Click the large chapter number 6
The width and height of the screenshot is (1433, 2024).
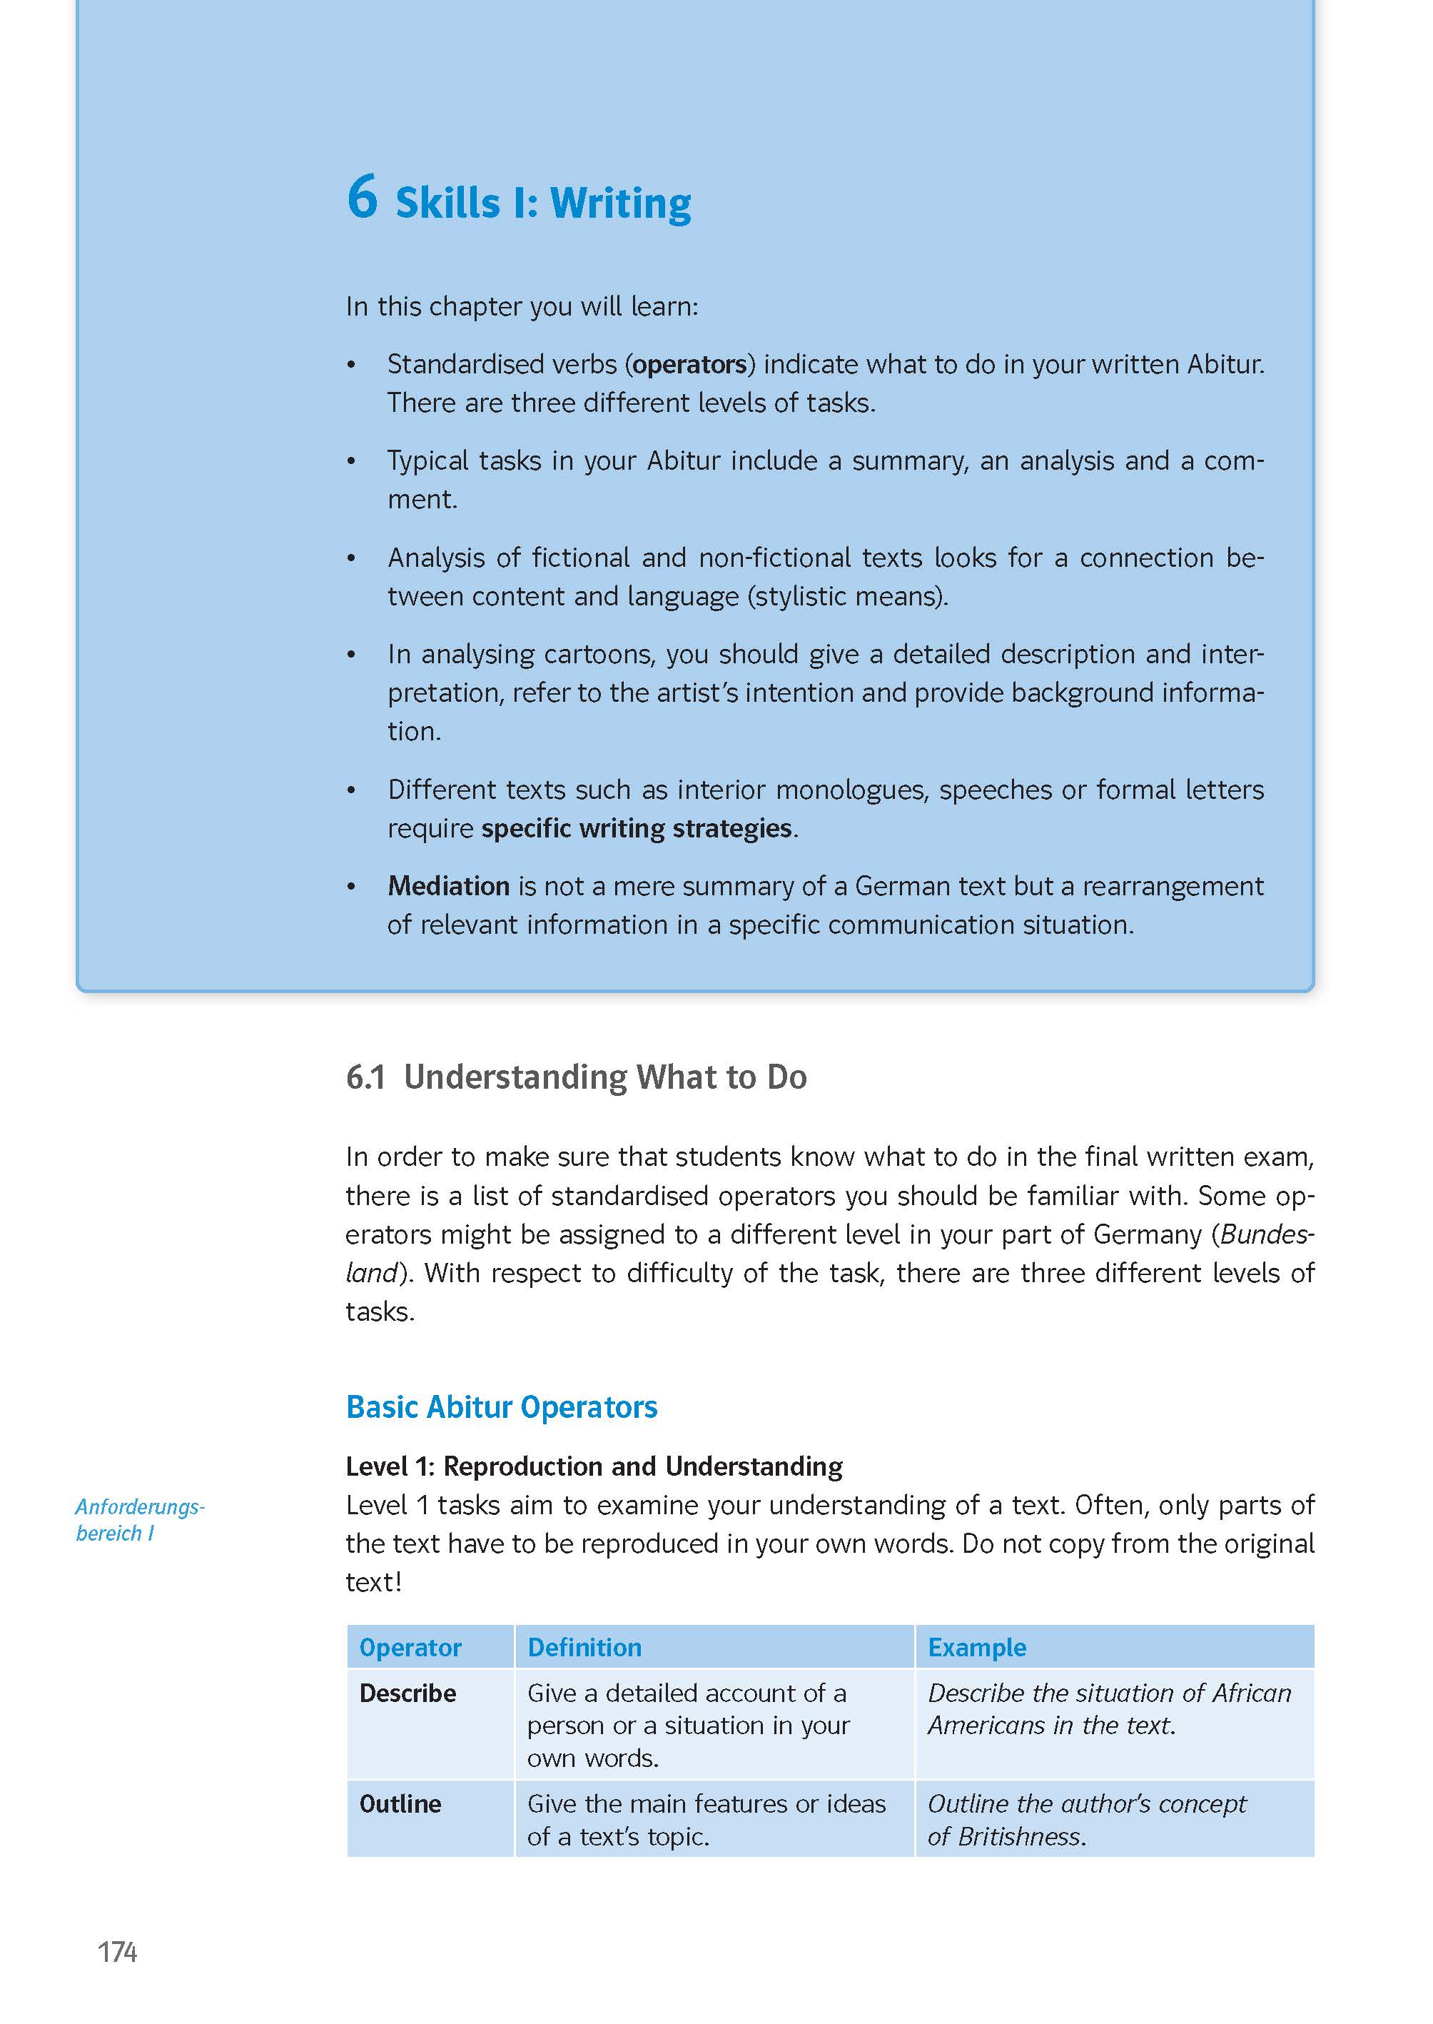pyautogui.click(x=362, y=197)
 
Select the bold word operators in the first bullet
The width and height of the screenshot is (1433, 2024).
pyautogui.click(x=690, y=365)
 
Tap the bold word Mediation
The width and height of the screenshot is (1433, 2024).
pyautogui.click(x=448, y=885)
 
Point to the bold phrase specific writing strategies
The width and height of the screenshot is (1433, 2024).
pyautogui.click(x=636, y=828)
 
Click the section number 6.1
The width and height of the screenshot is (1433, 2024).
pyautogui.click(x=365, y=1078)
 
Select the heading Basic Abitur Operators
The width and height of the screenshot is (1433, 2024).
pyautogui.click(x=501, y=1407)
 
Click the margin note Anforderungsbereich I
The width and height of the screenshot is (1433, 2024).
pyautogui.click(x=139, y=1519)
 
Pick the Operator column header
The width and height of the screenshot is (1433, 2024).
pyautogui.click(x=410, y=1647)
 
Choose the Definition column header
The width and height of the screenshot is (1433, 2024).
pyautogui.click(x=584, y=1647)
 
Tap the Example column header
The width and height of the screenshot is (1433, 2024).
pyautogui.click(x=977, y=1647)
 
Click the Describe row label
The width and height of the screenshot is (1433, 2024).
pyautogui.click(x=407, y=1693)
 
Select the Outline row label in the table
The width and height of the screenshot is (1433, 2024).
pyautogui.click(x=400, y=1803)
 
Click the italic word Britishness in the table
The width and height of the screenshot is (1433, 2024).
pyautogui.click(x=1019, y=1837)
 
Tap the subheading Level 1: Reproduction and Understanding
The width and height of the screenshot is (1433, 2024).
pyautogui.click(x=594, y=1466)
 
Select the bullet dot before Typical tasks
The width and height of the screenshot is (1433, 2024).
pyautogui.click(x=351, y=462)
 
